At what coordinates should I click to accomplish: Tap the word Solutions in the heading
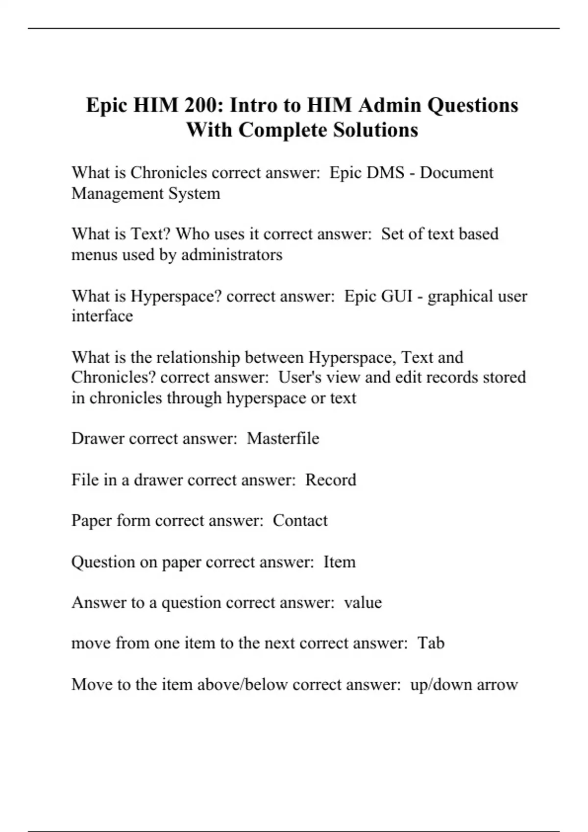(x=376, y=130)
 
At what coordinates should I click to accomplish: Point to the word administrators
(x=232, y=254)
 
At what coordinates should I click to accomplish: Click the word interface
(x=102, y=316)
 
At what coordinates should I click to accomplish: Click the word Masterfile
(x=283, y=439)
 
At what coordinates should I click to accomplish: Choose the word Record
(x=331, y=480)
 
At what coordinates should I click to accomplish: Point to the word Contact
(x=300, y=520)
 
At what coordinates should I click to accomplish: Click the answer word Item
(x=339, y=562)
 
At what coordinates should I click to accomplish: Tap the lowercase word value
(x=363, y=602)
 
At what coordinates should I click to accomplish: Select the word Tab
(x=431, y=643)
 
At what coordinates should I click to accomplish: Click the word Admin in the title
(x=389, y=105)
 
